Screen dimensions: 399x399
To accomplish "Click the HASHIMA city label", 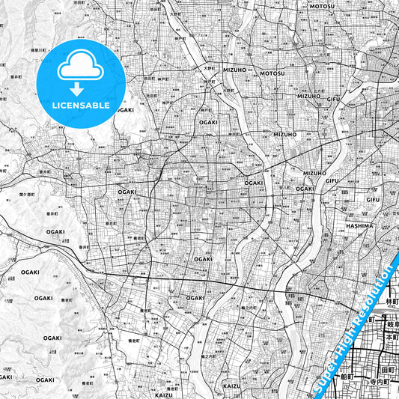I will tap(359, 225).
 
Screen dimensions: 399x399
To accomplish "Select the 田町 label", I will tap(388, 370).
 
